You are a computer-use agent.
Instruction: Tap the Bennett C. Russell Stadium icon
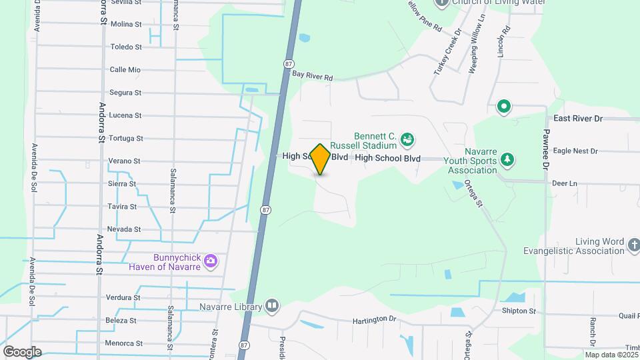[x=407, y=139]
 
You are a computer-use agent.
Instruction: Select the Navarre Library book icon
[x=271, y=306]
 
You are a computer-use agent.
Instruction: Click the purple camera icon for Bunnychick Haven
[x=211, y=261]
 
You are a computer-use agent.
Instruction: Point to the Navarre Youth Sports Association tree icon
[x=507, y=159]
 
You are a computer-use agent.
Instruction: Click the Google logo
[x=22, y=351]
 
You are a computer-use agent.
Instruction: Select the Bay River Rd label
[x=312, y=77]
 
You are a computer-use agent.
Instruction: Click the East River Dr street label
[x=577, y=118]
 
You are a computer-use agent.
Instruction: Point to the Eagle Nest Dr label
[x=575, y=151]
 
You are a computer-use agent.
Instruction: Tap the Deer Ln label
[x=564, y=183]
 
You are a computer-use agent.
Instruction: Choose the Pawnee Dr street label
[x=545, y=149]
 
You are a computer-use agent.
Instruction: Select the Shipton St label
[x=519, y=311]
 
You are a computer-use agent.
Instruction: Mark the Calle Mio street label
[x=125, y=69]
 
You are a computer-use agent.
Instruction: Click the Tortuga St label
[x=125, y=138]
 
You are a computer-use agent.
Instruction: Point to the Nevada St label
[x=124, y=229]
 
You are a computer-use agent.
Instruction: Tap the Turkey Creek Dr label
[x=447, y=51]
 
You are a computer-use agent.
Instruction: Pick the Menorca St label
[x=124, y=343]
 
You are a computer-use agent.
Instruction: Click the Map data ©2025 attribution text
[x=610, y=354]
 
